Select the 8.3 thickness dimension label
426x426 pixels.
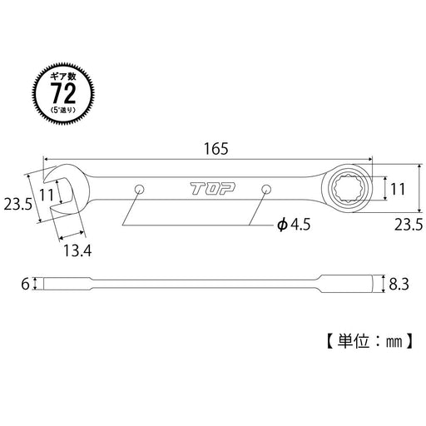(399, 285)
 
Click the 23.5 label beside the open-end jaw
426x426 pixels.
(19, 205)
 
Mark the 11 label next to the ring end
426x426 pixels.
(397, 189)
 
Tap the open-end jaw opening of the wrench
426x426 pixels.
(60, 189)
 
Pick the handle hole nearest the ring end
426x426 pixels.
(267, 189)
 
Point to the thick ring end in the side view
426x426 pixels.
(345, 284)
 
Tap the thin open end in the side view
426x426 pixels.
(62, 284)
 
